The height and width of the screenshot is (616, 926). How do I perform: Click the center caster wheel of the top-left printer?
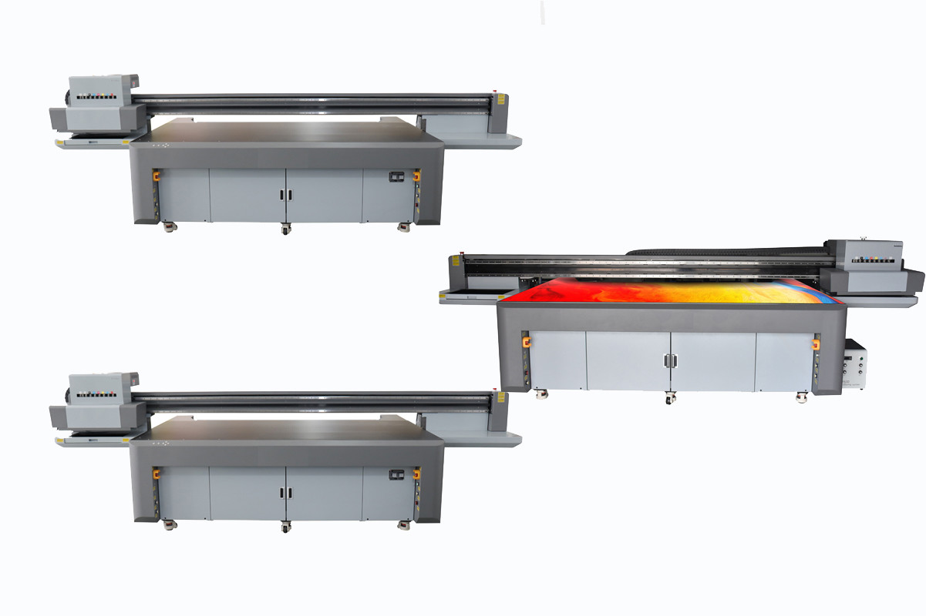point(286,229)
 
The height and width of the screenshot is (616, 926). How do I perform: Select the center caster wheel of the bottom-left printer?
point(286,527)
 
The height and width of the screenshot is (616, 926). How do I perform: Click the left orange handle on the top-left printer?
point(156,177)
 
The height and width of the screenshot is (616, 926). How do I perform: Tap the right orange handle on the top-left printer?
point(417,177)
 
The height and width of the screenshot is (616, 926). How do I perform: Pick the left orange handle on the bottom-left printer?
point(156,476)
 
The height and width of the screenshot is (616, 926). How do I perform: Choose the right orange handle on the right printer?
point(816,344)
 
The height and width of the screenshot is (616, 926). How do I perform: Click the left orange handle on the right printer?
point(527,343)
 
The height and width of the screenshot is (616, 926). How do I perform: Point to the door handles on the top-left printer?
point(286,194)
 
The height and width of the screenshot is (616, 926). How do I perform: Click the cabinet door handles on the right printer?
point(669,360)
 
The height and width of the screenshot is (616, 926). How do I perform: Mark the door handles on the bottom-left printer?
point(286,493)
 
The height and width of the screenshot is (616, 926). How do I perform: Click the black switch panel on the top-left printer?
point(396,176)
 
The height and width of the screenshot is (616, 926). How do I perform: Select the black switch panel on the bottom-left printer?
point(396,475)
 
